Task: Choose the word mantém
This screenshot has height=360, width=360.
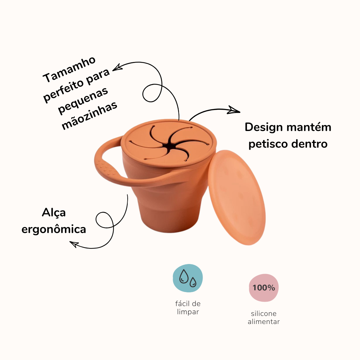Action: [x=313, y=127]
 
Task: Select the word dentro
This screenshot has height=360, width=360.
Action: [x=309, y=144]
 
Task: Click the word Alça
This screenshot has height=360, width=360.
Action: [x=54, y=212]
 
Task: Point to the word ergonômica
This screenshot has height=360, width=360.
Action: [x=54, y=229]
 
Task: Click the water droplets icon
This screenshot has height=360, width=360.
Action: [x=188, y=278]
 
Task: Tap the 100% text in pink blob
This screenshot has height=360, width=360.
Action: [x=264, y=288]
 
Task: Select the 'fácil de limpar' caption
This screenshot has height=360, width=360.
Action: [x=188, y=308]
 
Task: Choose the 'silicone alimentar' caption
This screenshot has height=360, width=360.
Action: [x=264, y=318]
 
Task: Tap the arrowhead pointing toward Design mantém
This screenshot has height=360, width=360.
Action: [x=234, y=110]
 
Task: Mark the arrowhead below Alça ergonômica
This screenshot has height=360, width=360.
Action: [x=74, y=244]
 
